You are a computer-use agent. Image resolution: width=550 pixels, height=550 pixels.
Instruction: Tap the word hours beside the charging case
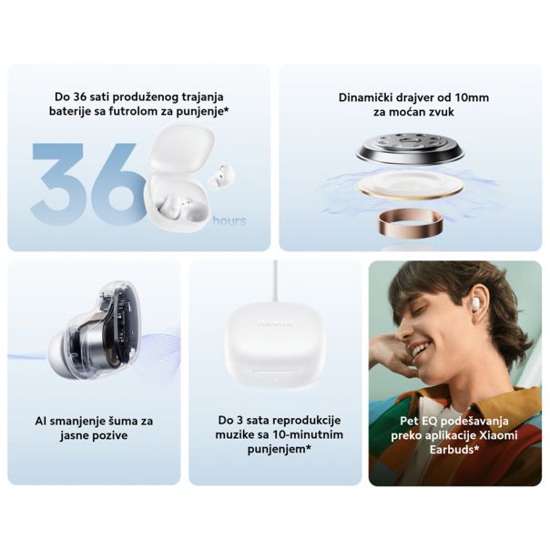[x=229, y=220]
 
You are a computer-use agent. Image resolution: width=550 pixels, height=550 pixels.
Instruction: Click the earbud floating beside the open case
[x=220, y=176]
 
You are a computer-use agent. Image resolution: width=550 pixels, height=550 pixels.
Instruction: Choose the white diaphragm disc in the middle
[x=410, y=184]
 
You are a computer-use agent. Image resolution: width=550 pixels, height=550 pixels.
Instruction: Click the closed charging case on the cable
[x=272, y=341]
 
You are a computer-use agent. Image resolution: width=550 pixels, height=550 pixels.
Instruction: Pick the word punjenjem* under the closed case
[x=272, y=449]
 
